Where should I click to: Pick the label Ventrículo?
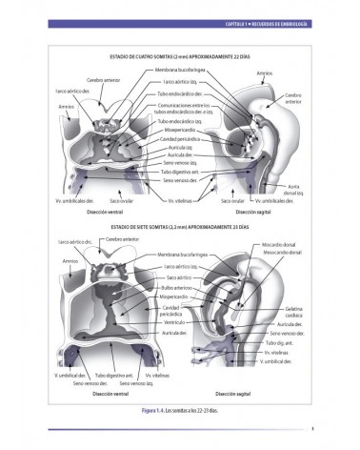click(172, 322)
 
